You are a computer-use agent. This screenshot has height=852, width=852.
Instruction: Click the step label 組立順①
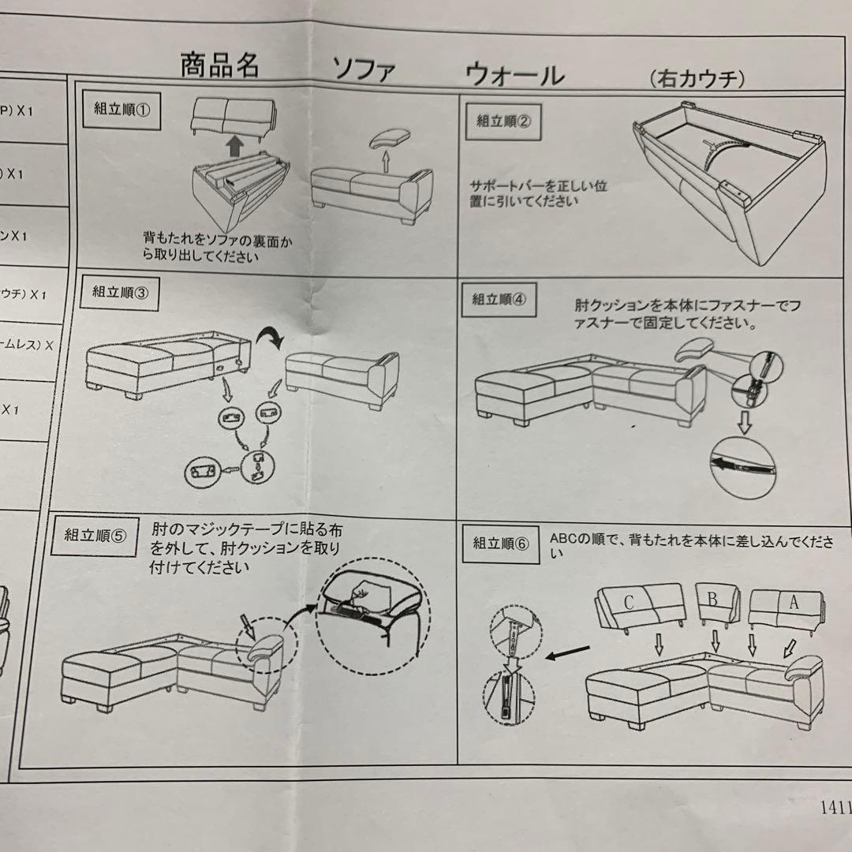click(x=121, y=110)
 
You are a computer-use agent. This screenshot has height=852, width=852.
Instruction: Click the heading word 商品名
click(x=219, y=65)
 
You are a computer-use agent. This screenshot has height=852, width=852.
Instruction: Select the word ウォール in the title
click(x=514, y=74)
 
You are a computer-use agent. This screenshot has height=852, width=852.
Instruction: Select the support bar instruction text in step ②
click(x=538, y=193)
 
